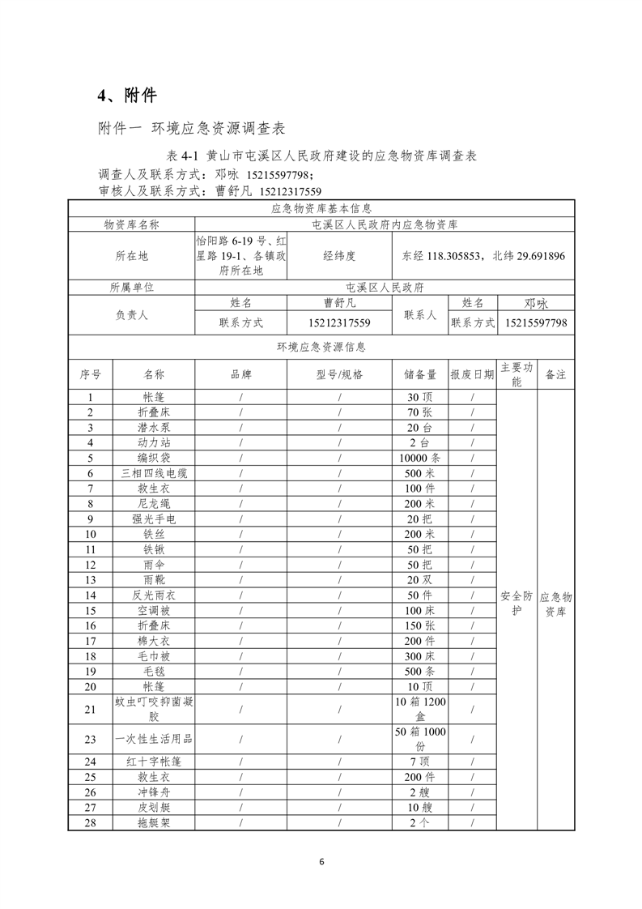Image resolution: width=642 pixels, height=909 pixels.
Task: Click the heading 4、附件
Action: click(127, 96)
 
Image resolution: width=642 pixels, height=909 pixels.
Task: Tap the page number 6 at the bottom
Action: click(321, 862)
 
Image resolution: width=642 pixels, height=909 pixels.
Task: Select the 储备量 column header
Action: click(420, 374)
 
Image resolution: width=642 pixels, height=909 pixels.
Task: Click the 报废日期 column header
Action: click(472, 374)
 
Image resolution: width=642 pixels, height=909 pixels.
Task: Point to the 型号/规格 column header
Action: click(339, 374)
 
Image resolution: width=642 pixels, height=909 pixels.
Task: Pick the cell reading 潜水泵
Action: click(154, 427)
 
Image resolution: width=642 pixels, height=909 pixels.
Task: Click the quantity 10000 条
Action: click(420, 458)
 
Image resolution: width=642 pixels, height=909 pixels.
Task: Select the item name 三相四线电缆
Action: click(154, 473)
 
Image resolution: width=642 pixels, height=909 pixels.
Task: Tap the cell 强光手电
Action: click(154, 519)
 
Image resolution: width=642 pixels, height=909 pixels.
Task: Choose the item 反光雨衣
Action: click(154, 595)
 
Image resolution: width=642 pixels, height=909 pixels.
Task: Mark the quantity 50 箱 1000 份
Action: click(420, 739)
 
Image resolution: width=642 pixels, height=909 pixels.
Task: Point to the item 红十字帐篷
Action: click(154, 762)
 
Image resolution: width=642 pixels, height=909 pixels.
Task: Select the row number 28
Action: click(90, 822)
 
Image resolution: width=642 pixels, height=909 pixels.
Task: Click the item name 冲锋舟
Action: click(154, 792)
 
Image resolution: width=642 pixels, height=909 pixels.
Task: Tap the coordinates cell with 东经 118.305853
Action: click(483, 255)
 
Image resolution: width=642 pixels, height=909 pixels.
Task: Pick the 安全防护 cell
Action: click(517, 604)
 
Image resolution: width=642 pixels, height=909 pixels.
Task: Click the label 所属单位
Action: click(131, 287)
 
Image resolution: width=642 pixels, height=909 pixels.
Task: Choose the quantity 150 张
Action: click(420, 625)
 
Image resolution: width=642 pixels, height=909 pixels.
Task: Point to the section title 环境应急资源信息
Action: click(321, 347)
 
